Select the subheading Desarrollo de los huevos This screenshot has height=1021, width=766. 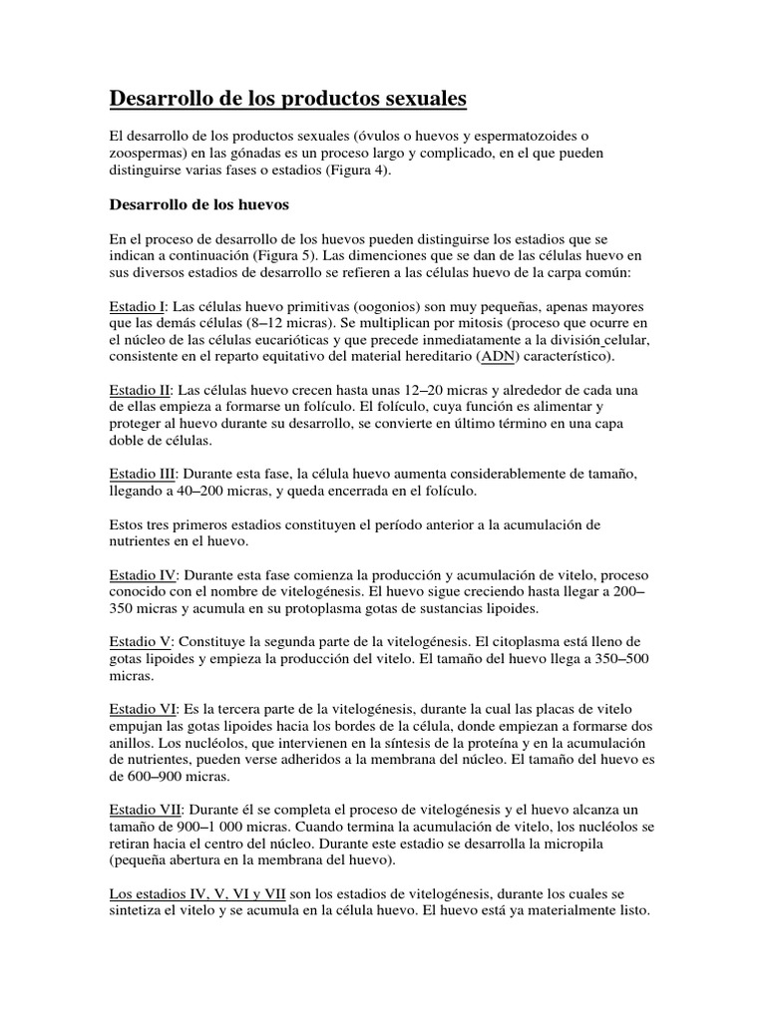click(x=197, y=206)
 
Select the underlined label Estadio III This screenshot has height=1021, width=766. click(x=143, y=473)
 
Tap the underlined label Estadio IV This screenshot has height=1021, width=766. click(x=143, y=575)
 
